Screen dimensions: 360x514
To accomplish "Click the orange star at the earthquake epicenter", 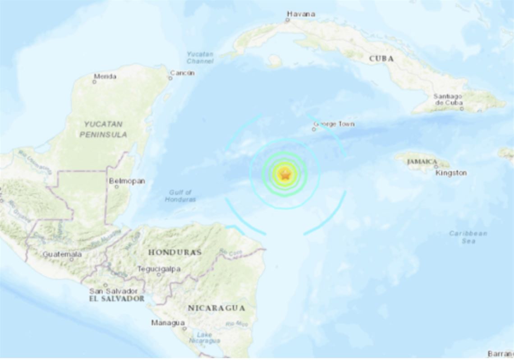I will pos(285,174).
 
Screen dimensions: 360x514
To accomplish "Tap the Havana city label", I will pos(300,14).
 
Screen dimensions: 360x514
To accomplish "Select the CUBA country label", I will pos(381,59).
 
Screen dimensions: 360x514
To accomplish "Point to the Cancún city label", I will pos(182,73).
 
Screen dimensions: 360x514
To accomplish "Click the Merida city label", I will pos(105,76).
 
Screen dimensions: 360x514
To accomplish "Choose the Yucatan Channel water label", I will pos(200,58).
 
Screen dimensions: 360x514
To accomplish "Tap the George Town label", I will pos(334,124).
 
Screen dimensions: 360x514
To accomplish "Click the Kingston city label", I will pos(451,173).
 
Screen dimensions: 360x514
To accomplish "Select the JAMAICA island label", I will pos(422,162).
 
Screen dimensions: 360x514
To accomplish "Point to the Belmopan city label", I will pos(127,181).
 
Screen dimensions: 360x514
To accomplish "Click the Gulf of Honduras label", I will pos(180,196).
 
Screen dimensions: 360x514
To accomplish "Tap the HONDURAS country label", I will pos(174,252).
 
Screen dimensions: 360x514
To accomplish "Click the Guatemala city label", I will pos(62,254).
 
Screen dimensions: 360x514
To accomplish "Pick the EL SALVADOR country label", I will pos(117,299).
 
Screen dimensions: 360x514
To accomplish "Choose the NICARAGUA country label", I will pos(216,309).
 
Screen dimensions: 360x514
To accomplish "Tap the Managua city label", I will pos(168,323).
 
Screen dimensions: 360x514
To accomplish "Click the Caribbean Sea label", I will pos(468,237).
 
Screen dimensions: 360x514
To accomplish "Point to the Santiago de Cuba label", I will pos(448,99).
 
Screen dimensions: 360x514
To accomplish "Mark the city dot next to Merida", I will pos(94,82).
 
